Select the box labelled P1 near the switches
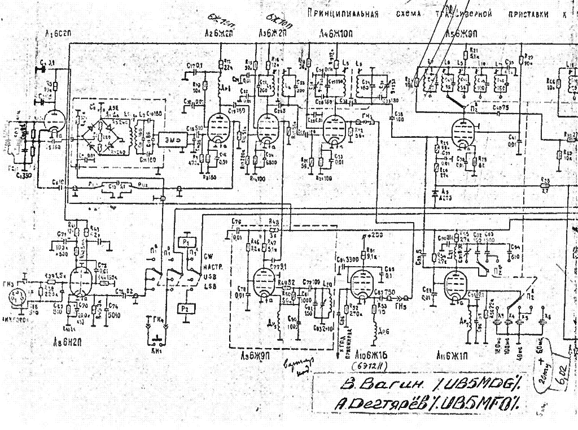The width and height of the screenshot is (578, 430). (186, 241)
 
